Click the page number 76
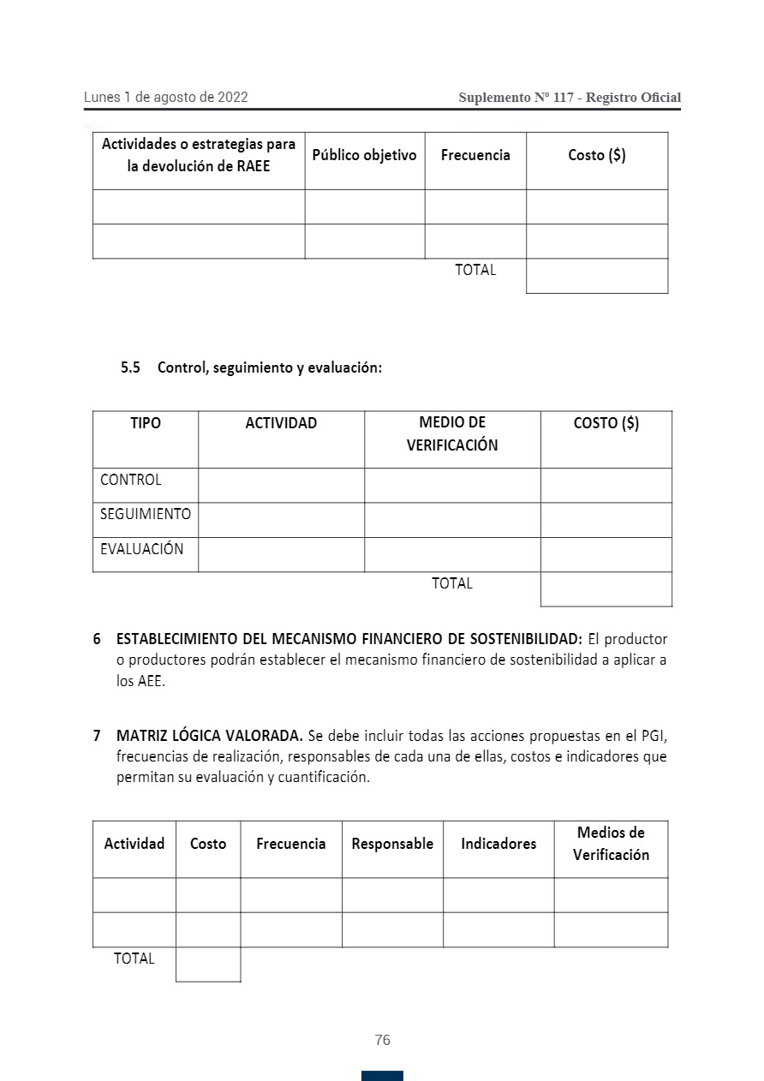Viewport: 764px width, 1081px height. [x=382, y=1040]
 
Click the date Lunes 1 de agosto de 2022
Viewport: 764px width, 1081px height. [x=166, y=98]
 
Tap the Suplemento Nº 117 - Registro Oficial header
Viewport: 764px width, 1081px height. [x=570, y=98]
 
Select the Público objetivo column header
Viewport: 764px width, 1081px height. [x=364, y=156]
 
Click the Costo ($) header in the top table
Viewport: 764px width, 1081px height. [x=597, y=156]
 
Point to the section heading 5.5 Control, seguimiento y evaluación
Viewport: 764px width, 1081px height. [x=251, y=367]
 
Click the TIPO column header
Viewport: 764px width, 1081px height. [x=146, y=423]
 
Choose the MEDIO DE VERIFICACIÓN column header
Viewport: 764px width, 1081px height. [x=452, y=434]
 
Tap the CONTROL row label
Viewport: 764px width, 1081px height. [x=131, y=481]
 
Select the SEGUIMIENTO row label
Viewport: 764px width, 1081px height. [x=146, y=515]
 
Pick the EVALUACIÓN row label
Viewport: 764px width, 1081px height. [x=142, y=550]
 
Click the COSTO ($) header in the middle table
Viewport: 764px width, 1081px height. [x=606, y=423]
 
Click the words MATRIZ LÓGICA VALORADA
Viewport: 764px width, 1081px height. [x=209, y=736]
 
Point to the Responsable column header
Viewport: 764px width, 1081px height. [x=392, y=844]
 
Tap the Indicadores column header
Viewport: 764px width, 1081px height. [x=498, y=844]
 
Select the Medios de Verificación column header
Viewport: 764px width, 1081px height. [x=611, y=844]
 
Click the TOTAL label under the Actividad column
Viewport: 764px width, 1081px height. [x=134, y=959]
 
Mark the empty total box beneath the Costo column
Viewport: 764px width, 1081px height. [x=208, y=965]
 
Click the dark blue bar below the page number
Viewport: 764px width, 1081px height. [x=382, y=1076]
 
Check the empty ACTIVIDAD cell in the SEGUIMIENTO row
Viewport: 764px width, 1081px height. [x=281, y=520]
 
